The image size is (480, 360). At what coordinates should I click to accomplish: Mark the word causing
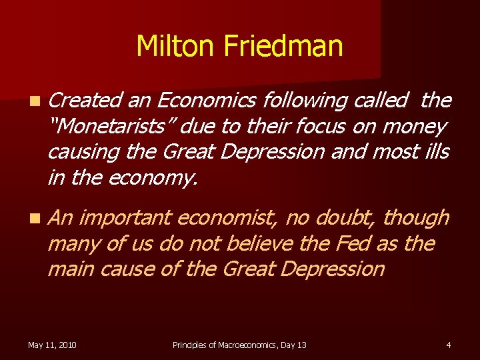click(x=81, y=151)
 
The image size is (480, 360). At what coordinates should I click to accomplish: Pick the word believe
click(x=253, y=243)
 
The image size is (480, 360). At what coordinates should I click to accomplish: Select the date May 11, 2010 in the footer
click(x=52, y=345)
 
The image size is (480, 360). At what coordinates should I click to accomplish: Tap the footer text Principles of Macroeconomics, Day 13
click(x=239, y=345)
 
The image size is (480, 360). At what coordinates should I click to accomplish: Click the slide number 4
click(x=449, y=345)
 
